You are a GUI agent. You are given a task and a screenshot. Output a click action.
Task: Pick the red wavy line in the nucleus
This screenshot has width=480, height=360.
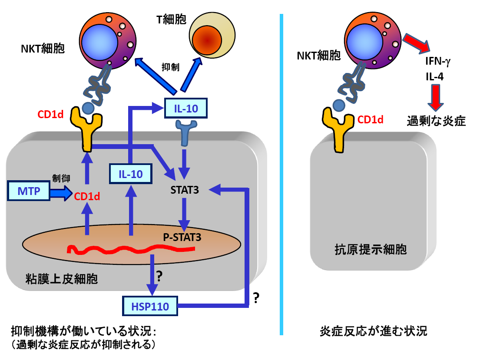(130, 249)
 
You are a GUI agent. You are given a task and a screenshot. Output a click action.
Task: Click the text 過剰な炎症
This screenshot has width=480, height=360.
(436, 121)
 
